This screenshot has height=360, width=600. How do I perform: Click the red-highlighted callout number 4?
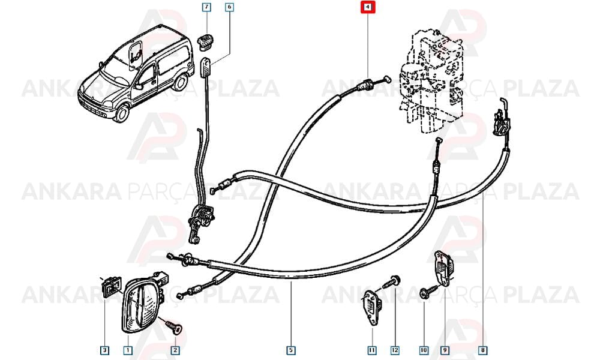tap(367, 7)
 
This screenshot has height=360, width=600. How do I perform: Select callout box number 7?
tap(206, 7)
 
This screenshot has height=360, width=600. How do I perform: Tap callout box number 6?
tap(230, 7)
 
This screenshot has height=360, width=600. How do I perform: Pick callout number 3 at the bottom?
tap(104, 350)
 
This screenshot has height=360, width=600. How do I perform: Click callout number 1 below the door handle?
tap(128, 350)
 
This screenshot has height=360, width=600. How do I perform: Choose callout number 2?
tap(175, 350)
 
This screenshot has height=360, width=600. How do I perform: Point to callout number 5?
tap(291, 350)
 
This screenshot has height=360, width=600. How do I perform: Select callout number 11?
tap(372, 350)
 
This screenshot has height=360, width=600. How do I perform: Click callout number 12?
tap(395, 350)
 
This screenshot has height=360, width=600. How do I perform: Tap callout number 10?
tap(424, 350)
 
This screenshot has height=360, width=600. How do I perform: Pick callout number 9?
tap(445, 350)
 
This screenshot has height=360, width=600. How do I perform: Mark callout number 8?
tap(483, 350)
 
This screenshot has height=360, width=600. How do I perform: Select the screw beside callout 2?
tap(174, 327)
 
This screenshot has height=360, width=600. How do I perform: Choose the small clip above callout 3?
tap(111, 286)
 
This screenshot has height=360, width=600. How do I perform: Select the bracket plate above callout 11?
tap(370, 307)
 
